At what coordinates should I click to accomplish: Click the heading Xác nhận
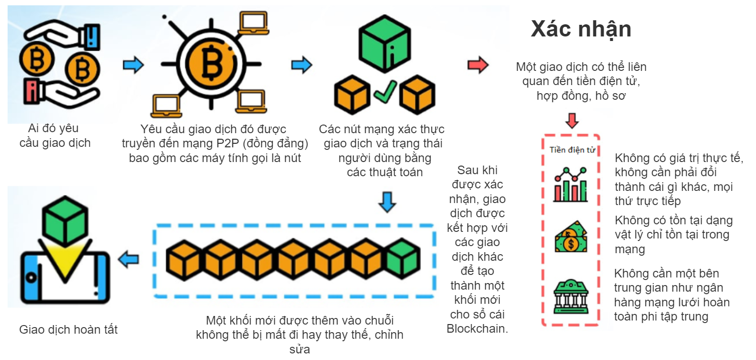580,29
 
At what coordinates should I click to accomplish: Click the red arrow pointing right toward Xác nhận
477,65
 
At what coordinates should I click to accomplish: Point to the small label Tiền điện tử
571,150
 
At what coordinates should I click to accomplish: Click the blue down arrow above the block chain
387,202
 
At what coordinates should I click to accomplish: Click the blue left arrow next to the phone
129,259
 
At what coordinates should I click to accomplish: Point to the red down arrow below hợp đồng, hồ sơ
572,121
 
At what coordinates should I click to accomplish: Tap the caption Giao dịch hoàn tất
68,330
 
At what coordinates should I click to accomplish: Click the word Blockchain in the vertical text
477,329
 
